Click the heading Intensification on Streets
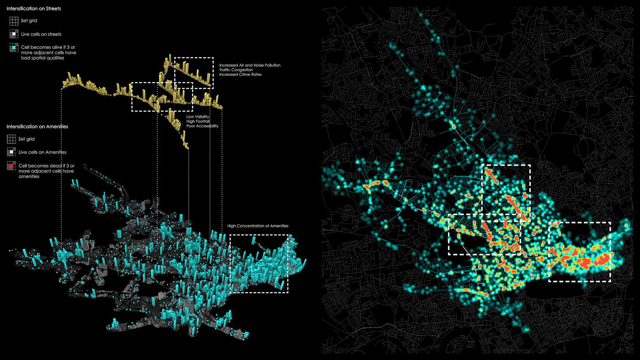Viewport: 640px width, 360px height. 33,9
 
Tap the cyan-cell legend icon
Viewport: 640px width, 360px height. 14,48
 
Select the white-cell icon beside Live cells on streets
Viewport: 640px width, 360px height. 14,34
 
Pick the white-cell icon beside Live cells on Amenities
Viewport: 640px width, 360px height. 11,152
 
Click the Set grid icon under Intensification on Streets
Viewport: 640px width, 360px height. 14,21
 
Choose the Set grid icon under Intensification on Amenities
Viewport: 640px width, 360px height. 11,139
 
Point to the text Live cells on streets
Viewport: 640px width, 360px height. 41,34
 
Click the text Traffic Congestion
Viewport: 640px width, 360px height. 236,70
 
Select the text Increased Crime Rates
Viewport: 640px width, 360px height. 240,74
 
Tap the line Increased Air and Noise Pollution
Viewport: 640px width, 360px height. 250,65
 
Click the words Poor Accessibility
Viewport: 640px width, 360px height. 202,126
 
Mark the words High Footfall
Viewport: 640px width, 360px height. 197,122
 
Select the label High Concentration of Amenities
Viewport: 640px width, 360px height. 258,226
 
